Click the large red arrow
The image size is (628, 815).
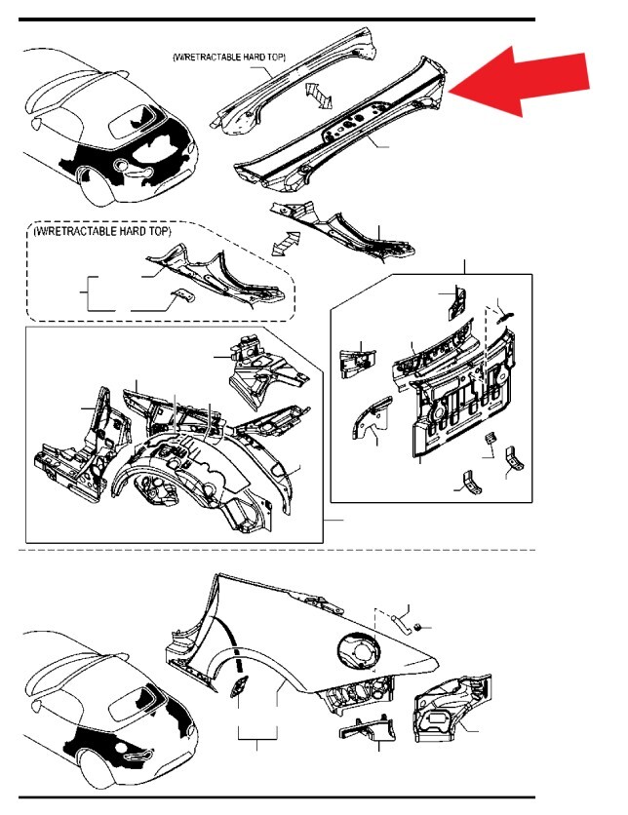point(527,83)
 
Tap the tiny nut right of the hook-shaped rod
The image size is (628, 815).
point(414,626)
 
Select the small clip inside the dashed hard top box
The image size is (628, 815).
point(182,296)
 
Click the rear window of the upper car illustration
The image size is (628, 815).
point(130,121)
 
